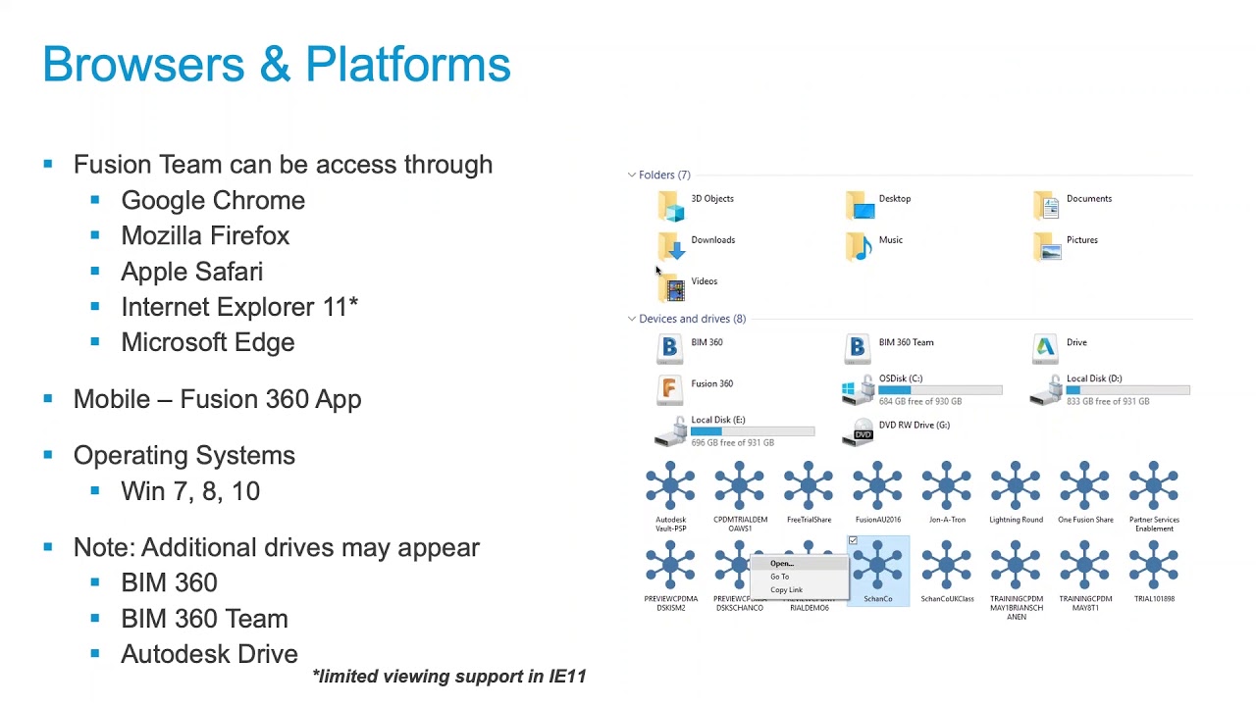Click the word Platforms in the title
407,65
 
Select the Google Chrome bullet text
213,200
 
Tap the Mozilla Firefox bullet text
205,235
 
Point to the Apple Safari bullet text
191,272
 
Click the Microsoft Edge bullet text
207,342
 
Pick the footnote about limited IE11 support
448,676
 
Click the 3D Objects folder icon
671,206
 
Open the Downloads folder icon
671,246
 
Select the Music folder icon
859,246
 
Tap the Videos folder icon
671,287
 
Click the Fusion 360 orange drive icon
669,389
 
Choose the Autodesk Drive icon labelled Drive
1045,347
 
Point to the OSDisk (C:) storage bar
940,390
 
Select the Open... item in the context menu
782,564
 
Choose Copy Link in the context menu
786,589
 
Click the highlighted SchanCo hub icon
877,567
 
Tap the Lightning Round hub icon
1016,486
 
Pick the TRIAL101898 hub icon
1154,567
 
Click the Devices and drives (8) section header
692,319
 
